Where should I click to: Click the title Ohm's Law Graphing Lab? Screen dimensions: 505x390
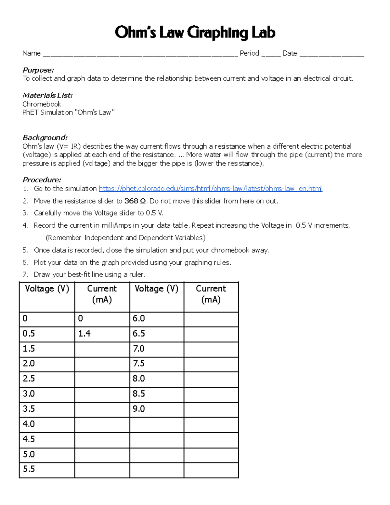[x=195, y=33]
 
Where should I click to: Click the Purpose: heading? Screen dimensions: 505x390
[x=38, y=70]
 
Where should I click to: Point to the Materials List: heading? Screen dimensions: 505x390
[x=47, y=95]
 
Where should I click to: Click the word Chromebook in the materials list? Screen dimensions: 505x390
[x=42, y=104]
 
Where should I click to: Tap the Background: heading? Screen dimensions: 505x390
[x=45, y=138]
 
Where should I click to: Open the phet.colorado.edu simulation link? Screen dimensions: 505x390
[x=210, y=189]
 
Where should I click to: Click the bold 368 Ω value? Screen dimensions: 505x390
[x=135, y=201]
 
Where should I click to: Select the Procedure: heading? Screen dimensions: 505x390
[x=42, y=180]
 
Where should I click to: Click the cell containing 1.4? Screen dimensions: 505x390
[x=102, y=334]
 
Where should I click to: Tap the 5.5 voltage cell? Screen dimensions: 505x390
[x=47, y=470]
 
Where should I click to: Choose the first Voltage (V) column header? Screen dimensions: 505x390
[x=47, y=289]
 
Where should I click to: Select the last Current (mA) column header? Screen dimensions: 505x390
[x=211, y=294]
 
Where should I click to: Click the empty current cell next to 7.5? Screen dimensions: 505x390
[x=211, y=364]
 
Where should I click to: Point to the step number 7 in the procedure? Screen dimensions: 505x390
[x=25, y=274]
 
